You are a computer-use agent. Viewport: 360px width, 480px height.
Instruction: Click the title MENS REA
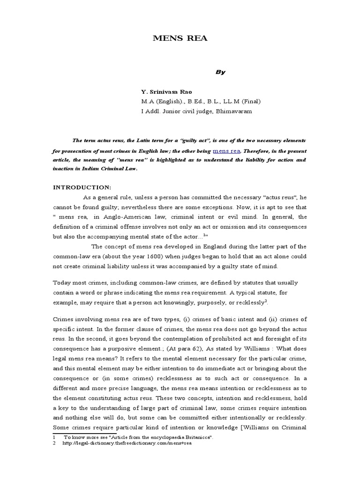180,38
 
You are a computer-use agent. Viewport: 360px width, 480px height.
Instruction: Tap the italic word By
220,72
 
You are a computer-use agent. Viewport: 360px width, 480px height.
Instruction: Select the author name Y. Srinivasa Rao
166,92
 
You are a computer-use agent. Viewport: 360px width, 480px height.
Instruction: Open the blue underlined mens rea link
227,151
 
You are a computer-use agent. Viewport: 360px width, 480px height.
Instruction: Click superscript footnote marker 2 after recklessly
253,301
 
